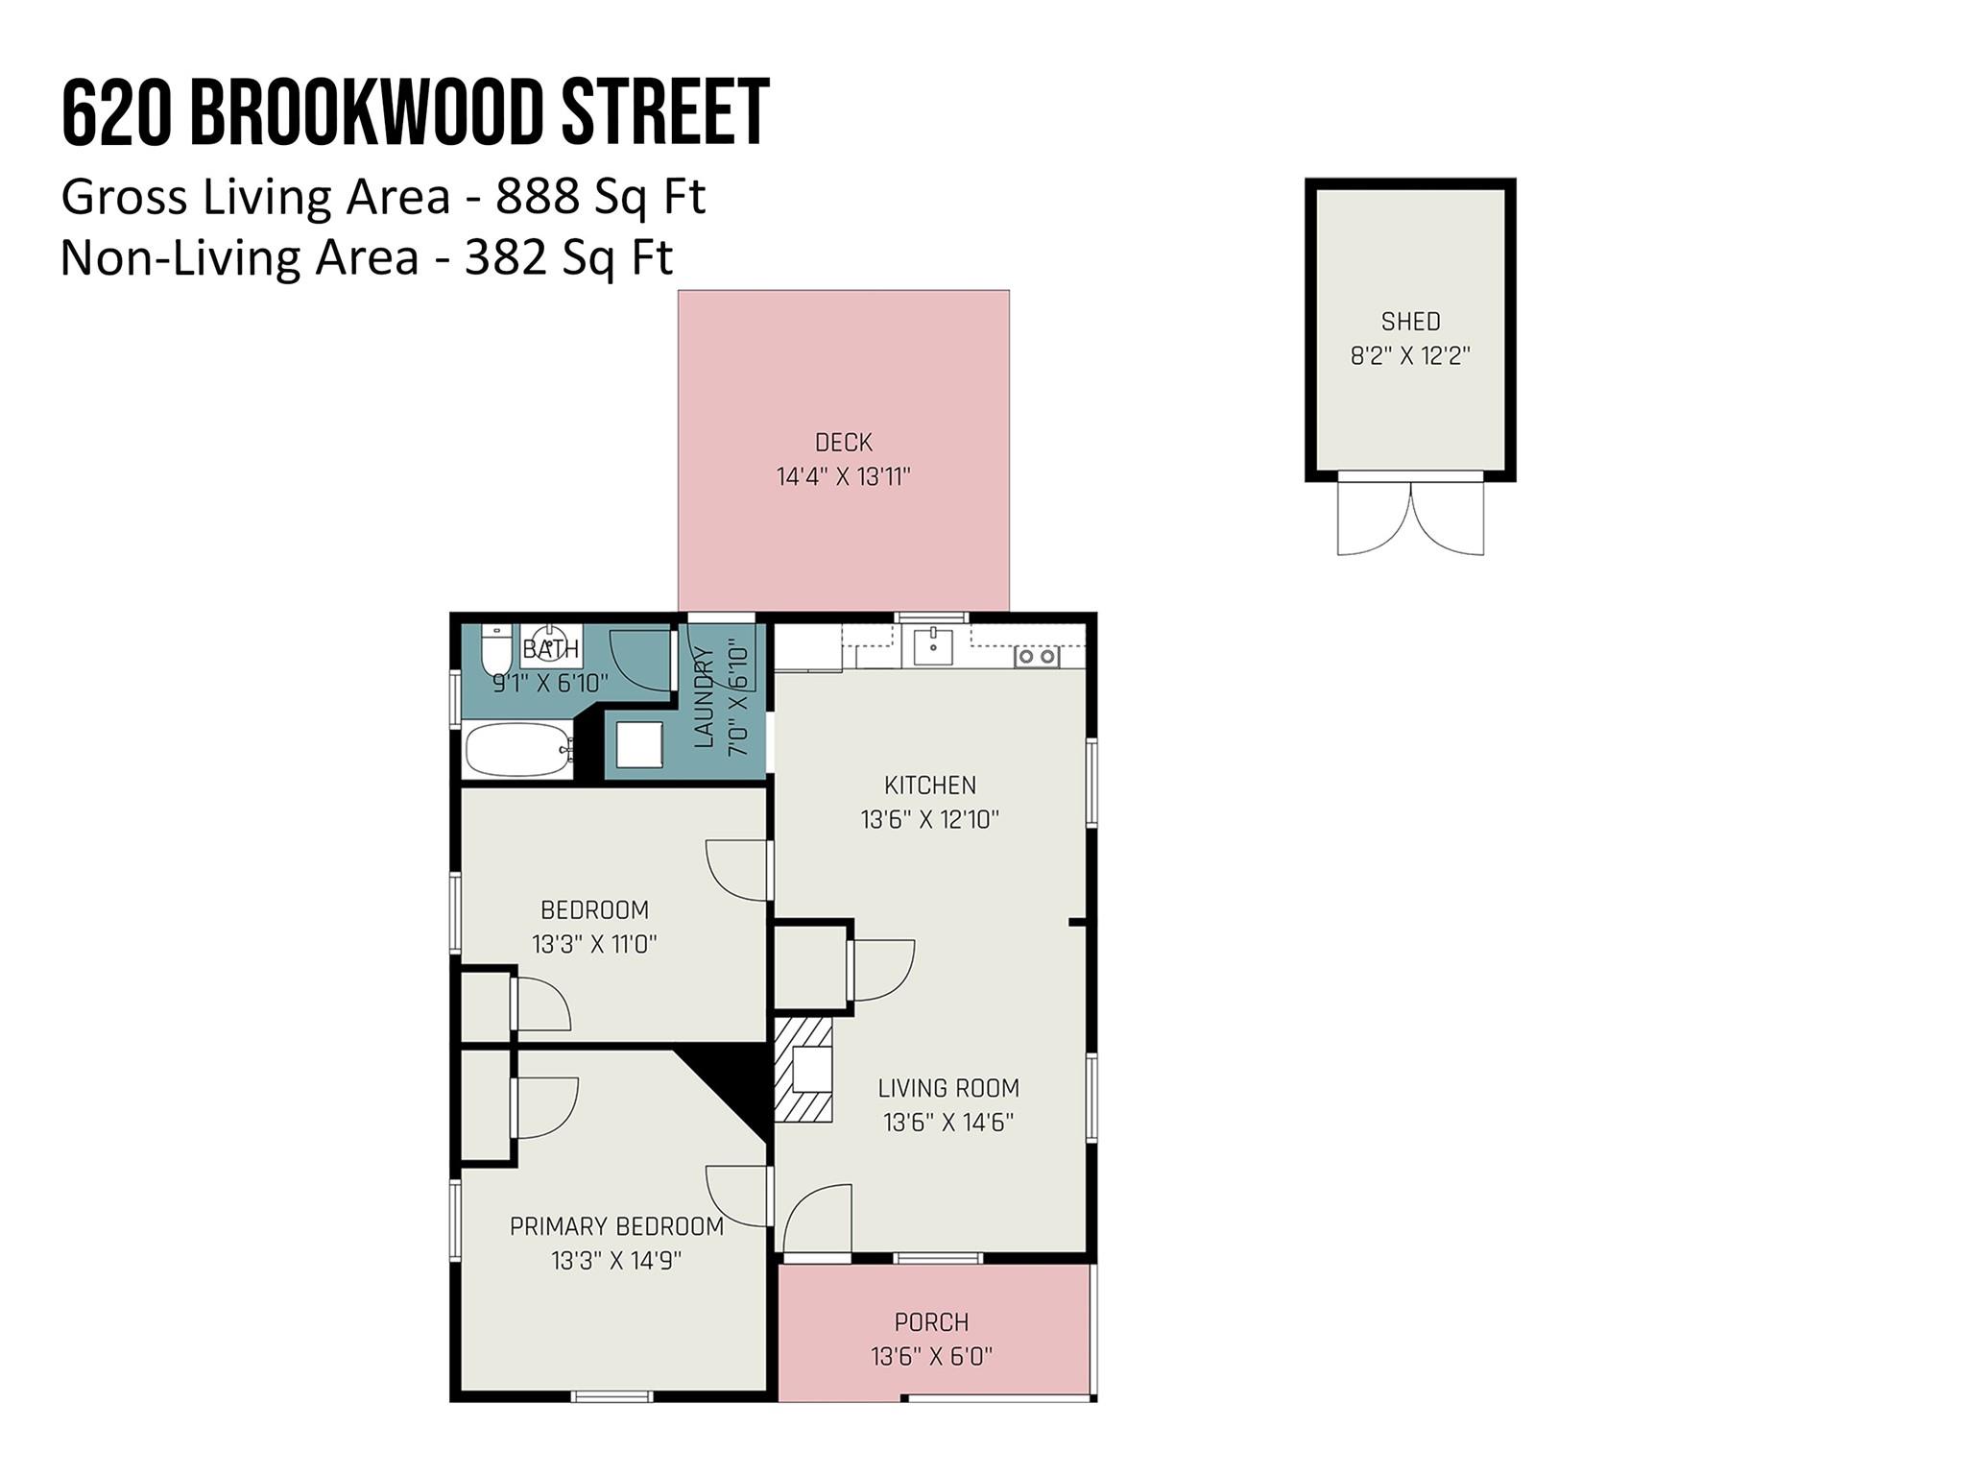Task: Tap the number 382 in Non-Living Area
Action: point(507,257)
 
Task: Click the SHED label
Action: point(1410,321)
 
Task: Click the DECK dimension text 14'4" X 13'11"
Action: point(843,476)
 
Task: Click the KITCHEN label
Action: point(929,786)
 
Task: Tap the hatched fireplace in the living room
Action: point(803,1070)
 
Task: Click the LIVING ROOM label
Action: point(948,1088)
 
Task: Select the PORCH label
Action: point(931,1322)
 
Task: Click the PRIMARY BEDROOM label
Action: point(616,1226)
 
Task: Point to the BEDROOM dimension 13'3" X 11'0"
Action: point(594,944)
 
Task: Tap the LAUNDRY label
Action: point(704,697)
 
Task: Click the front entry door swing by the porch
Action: point(817,1220)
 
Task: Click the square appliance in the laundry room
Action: point(639,744)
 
